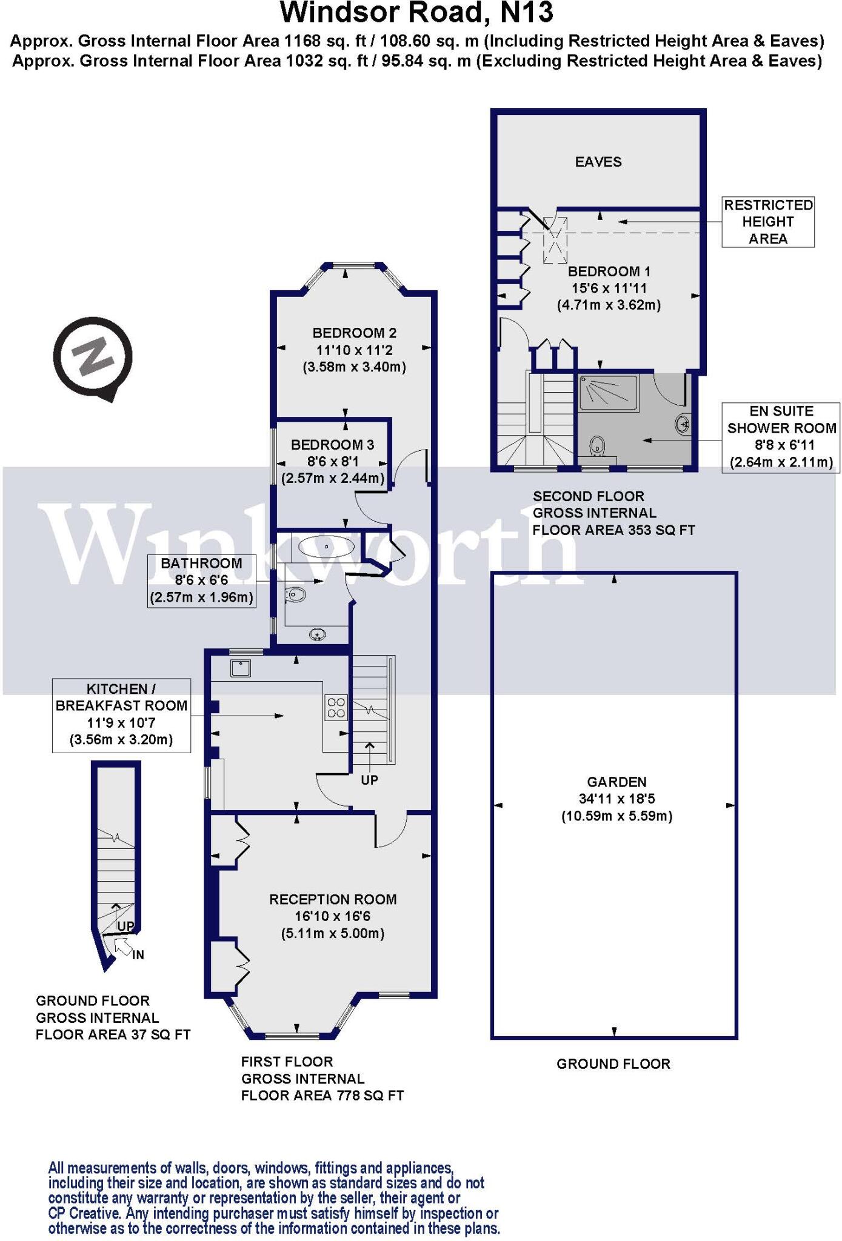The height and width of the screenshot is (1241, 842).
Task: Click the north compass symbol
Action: coord(92,357)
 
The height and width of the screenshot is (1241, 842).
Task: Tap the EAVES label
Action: coord(598,162)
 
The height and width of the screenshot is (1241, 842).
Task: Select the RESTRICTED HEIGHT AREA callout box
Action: coord(767,222)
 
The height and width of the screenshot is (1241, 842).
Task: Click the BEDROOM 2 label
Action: coord(354,333)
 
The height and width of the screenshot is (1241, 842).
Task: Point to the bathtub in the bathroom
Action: coord(327,547)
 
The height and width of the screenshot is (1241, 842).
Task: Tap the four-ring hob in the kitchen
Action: coord(336,707)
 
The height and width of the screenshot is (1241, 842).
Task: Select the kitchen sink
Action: coord(241,668)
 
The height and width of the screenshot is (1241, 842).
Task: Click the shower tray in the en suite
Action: coord(608,393)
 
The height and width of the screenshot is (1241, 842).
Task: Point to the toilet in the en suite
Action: coord(598,447)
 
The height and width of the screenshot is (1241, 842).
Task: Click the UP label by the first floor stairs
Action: coord(369,780)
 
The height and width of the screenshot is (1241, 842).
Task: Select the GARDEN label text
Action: coord(616,782)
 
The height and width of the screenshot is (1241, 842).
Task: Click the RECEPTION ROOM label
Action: coord(333,899)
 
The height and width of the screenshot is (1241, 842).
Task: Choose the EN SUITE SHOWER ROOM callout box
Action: coord(781,437)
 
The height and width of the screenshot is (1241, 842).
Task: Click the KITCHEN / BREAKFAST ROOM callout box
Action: coord(121,715)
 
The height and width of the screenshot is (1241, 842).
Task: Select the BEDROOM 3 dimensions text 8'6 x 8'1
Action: coord(333,461)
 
